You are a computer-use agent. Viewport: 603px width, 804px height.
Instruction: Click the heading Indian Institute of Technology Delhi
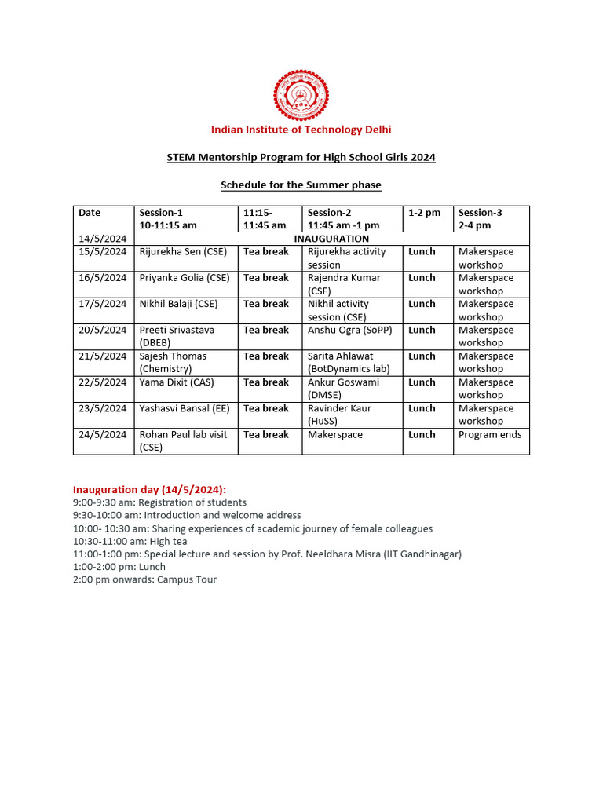pos(301,130)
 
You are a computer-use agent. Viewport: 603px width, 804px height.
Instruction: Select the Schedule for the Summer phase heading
pos(301,185)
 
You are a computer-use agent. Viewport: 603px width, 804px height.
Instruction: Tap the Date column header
pos(90,213)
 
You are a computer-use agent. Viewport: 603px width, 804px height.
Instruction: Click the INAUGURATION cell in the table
pos(331,239)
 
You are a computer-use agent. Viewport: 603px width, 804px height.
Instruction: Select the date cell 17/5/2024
pos(102,304)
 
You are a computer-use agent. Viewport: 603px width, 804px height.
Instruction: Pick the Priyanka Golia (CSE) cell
pos(185,278)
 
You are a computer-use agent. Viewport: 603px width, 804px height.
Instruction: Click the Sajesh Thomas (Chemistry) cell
pos(173,362)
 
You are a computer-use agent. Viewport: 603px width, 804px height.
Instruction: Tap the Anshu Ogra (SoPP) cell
pos(349,331)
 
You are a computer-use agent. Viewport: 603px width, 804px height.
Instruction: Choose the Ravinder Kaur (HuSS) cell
pos(339,415)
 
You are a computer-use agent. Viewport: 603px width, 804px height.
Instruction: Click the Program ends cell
pos(490,435)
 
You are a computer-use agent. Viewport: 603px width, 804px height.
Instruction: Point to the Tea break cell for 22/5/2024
pos(266,382)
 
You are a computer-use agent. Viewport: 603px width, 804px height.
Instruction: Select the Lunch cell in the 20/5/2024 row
pos(422,331)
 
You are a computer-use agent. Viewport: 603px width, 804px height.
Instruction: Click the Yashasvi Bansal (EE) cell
pos(185,408)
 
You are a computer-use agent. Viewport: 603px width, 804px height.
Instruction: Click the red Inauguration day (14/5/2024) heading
pos(150,489)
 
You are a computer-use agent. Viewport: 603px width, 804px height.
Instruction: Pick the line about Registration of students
pos(159,502)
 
